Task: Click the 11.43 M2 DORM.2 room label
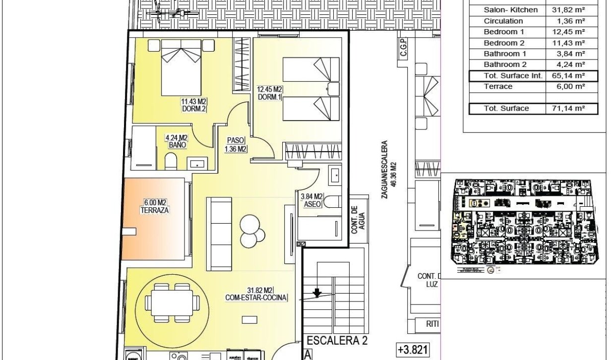193,105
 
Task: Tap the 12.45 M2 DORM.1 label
270,93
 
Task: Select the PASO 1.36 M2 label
237,144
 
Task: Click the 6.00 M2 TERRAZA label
155,206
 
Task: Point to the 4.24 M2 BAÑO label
177,141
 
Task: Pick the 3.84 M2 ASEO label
311,200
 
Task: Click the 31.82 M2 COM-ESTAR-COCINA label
256,294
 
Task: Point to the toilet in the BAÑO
171,161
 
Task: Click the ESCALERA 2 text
336,341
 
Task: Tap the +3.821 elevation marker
411,350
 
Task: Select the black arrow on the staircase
317,293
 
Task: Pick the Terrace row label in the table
498,86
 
